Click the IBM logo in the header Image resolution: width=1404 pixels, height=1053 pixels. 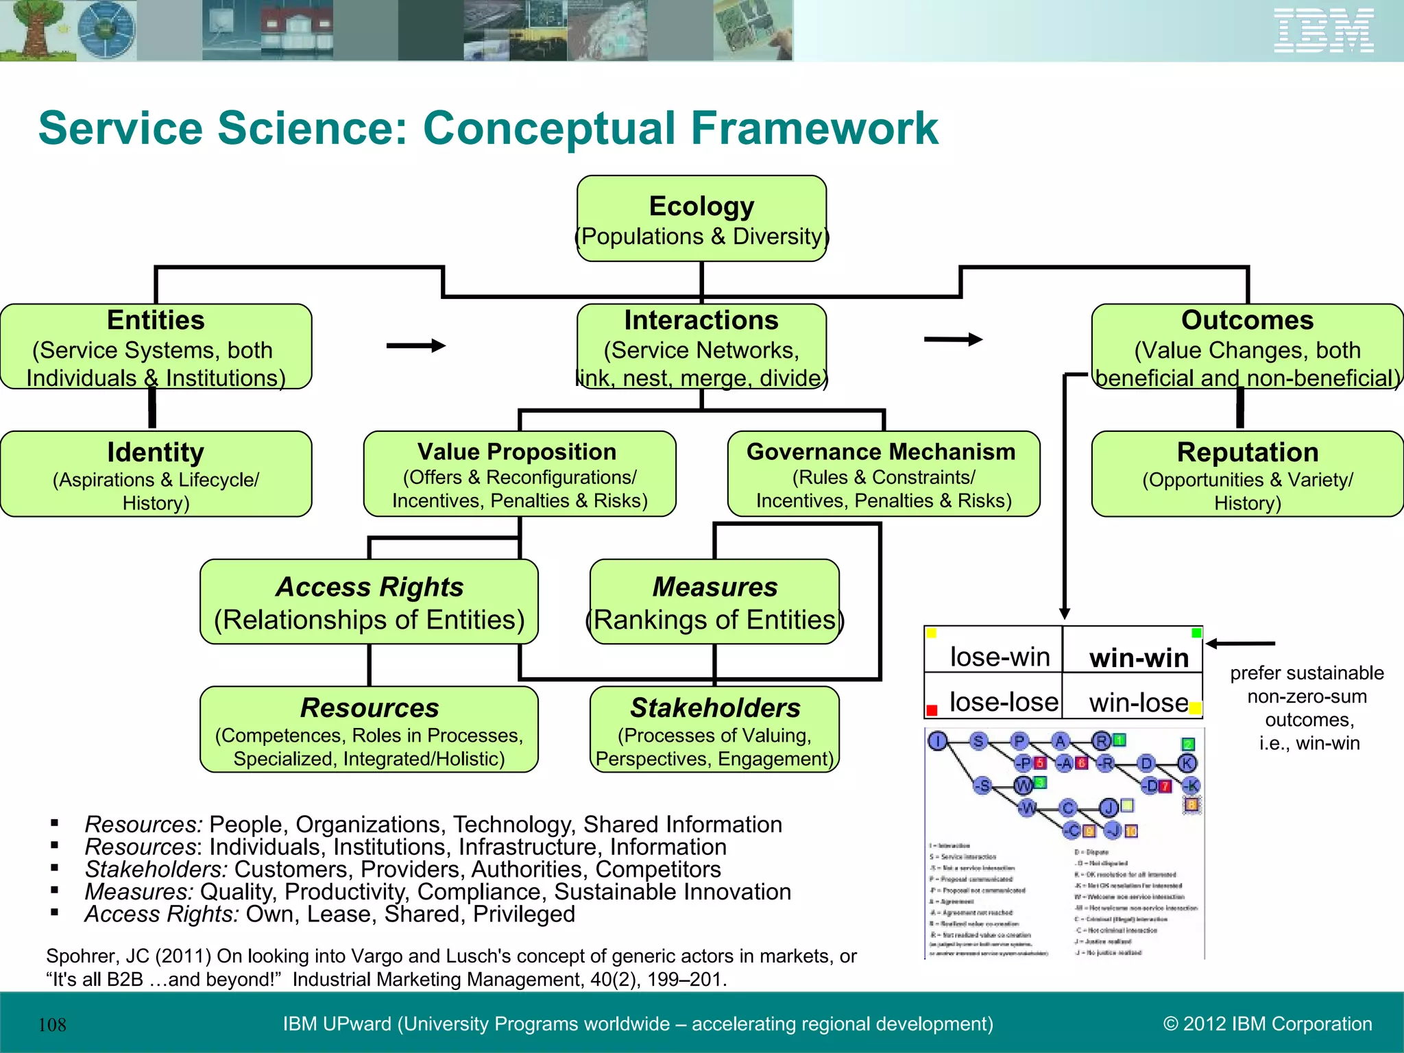click(1324, 31)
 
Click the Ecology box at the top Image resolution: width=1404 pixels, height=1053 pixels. click(701, 219)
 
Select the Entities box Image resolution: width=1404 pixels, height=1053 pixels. click(156, 347)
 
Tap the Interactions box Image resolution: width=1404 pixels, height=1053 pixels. click(701, 347)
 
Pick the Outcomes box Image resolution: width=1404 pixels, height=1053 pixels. click(1247, 347)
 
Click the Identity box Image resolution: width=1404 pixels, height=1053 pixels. click(156, 474)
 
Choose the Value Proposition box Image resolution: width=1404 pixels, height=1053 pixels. click(520, 474)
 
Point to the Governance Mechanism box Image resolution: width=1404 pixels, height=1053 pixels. click(883, 474)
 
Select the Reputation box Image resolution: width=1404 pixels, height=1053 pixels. click(1247, 474)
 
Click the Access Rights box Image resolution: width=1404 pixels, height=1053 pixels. click(369, 602)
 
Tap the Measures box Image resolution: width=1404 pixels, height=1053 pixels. click(714, 602)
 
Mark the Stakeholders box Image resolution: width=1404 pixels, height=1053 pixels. click(714, 729)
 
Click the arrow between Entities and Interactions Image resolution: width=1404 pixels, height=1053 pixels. click(416, 346)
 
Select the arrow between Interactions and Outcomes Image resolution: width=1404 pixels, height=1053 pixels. click(953, 339)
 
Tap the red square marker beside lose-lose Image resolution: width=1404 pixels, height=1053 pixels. click(932, 710)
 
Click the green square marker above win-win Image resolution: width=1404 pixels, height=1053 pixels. click(1196, 633)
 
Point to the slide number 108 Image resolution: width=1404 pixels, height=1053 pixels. click(52, 1025)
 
